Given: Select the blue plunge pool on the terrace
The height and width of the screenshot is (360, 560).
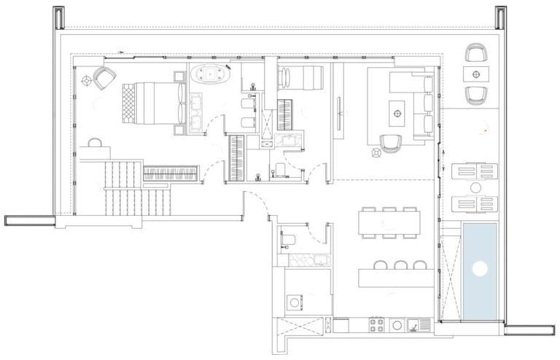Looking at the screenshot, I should point(479,271).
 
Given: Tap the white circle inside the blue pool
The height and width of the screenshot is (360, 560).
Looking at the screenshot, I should point(479,268).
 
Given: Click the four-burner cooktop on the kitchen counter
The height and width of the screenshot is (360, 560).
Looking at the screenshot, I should point(378,325).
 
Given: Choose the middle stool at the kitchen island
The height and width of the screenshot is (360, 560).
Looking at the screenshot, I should point(400,265).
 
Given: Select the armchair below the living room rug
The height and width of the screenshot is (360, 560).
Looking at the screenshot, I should point(392,143).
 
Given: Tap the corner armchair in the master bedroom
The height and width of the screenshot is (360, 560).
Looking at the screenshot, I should point(104,77).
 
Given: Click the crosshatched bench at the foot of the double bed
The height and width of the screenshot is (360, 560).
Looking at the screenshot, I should point(128,104).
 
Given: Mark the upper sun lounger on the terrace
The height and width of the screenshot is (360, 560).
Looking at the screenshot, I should point(475,171).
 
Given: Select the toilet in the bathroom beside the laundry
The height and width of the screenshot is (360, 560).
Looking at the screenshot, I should point(287,239).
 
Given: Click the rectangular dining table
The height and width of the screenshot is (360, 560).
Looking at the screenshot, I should point(389,222).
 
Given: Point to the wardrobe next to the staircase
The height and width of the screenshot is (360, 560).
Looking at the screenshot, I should point(171,173).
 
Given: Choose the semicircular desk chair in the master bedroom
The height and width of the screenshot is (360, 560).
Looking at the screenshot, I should point(96,141).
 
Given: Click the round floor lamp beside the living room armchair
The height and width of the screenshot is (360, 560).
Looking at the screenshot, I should point(377,153).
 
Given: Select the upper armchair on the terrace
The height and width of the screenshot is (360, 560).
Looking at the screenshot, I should point(476,52).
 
